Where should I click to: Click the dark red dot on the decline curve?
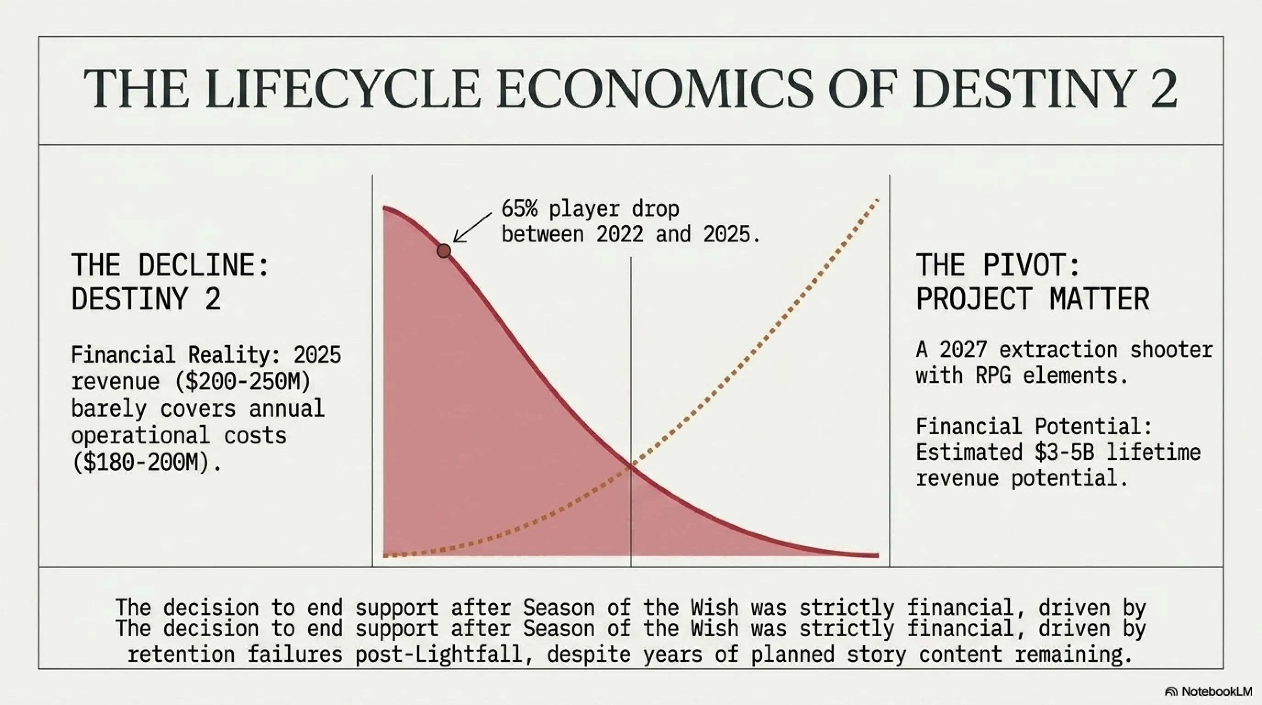click(x=444, y=251)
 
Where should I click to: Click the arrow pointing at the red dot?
click(x=472, y=228)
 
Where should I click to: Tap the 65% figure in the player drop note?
click(x=519, y=209)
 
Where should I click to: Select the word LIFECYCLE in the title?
click(x=343, y=89)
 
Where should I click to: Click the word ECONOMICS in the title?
click(x=655, y=89)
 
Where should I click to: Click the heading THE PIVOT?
click(x=998, y=265)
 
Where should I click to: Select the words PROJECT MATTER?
click(x=1033, y=299)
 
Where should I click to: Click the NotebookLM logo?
click(x=1208, y=691)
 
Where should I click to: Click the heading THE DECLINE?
click(x=170, y=265)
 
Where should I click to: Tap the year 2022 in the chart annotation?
click(x=620, y=235)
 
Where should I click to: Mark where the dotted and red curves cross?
click(x=631, y=467)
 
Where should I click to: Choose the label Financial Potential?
click(x=1034, y=426)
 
